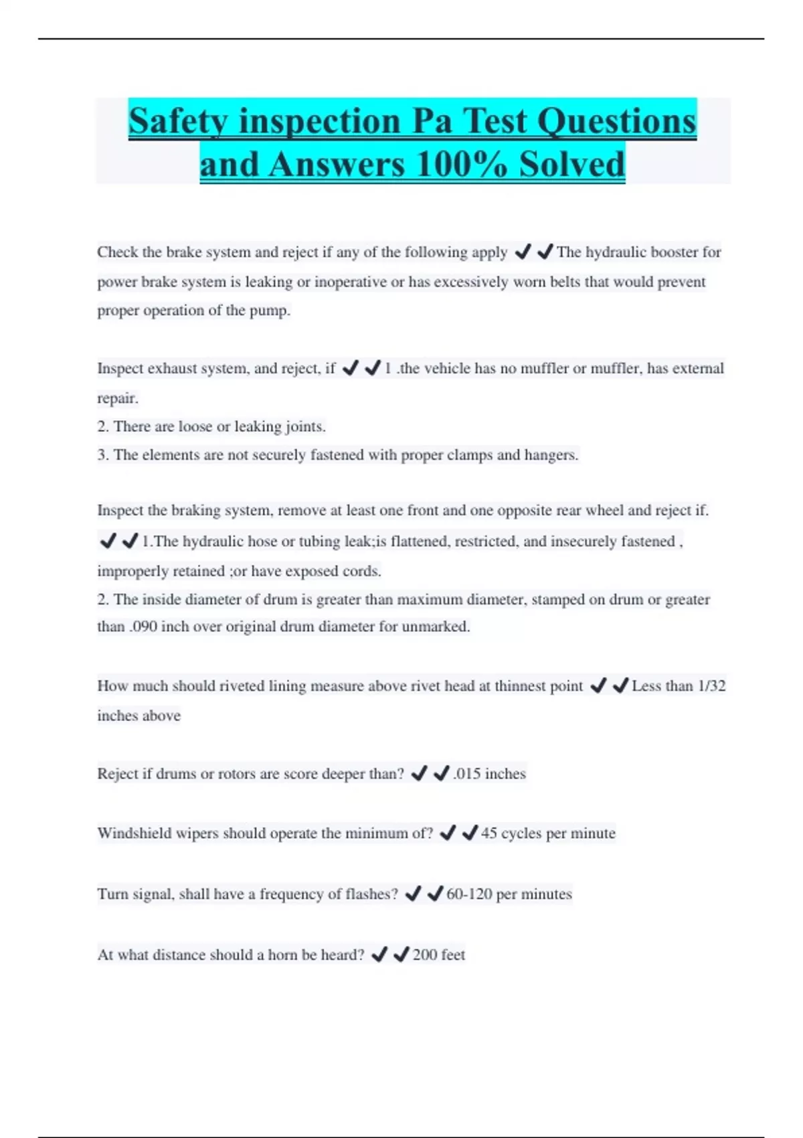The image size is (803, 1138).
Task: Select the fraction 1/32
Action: point(711,686)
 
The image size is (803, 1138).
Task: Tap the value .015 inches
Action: point(489,774)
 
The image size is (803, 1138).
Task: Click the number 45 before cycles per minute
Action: point(488,833)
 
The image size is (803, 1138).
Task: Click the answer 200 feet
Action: point(438,955)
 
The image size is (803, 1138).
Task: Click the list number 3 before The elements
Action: point(102,455)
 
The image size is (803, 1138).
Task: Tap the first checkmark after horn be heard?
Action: point(379,955)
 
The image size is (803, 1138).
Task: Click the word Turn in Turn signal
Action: point(112,894)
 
